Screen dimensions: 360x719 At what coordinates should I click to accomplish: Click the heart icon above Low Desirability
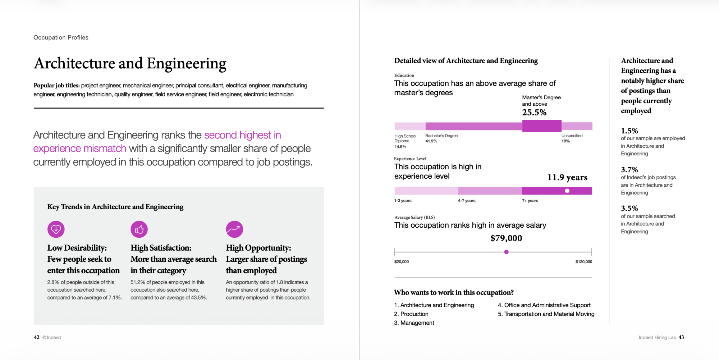(x=56, y=229)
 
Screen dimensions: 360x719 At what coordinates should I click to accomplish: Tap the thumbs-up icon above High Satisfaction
(x=139, y=229)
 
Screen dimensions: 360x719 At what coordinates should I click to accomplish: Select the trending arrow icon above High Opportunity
(x=234, y=229)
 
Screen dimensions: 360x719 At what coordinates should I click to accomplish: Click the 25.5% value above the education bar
(x=534, y=113)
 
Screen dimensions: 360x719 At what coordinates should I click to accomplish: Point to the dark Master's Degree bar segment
(x=541, y=126)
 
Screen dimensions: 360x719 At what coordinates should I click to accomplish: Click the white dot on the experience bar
(x=567, y=191)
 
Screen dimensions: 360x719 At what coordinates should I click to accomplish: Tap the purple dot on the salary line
(x=506, y=252)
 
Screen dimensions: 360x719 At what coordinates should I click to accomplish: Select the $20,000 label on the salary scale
(x=401, y=261)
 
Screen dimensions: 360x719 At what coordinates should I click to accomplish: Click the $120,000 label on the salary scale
(x=583, y=261)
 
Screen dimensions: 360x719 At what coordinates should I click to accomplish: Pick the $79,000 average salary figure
(x=506, y=238)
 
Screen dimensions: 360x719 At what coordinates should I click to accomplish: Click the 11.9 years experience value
(x=567, y=177)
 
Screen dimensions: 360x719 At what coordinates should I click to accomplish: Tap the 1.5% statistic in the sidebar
(x=629, y=131)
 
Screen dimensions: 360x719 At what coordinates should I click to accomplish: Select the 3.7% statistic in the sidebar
(x=629, y=170)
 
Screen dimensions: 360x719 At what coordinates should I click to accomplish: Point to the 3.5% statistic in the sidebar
(x=629, y=209)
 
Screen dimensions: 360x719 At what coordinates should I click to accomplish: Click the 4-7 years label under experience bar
(x=466, y=201)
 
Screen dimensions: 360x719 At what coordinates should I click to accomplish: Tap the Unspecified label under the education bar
(x=572, y=136)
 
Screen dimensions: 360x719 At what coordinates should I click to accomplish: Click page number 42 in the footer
(x=37, y=337)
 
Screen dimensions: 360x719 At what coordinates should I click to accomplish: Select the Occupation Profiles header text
(x=61, y=37)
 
